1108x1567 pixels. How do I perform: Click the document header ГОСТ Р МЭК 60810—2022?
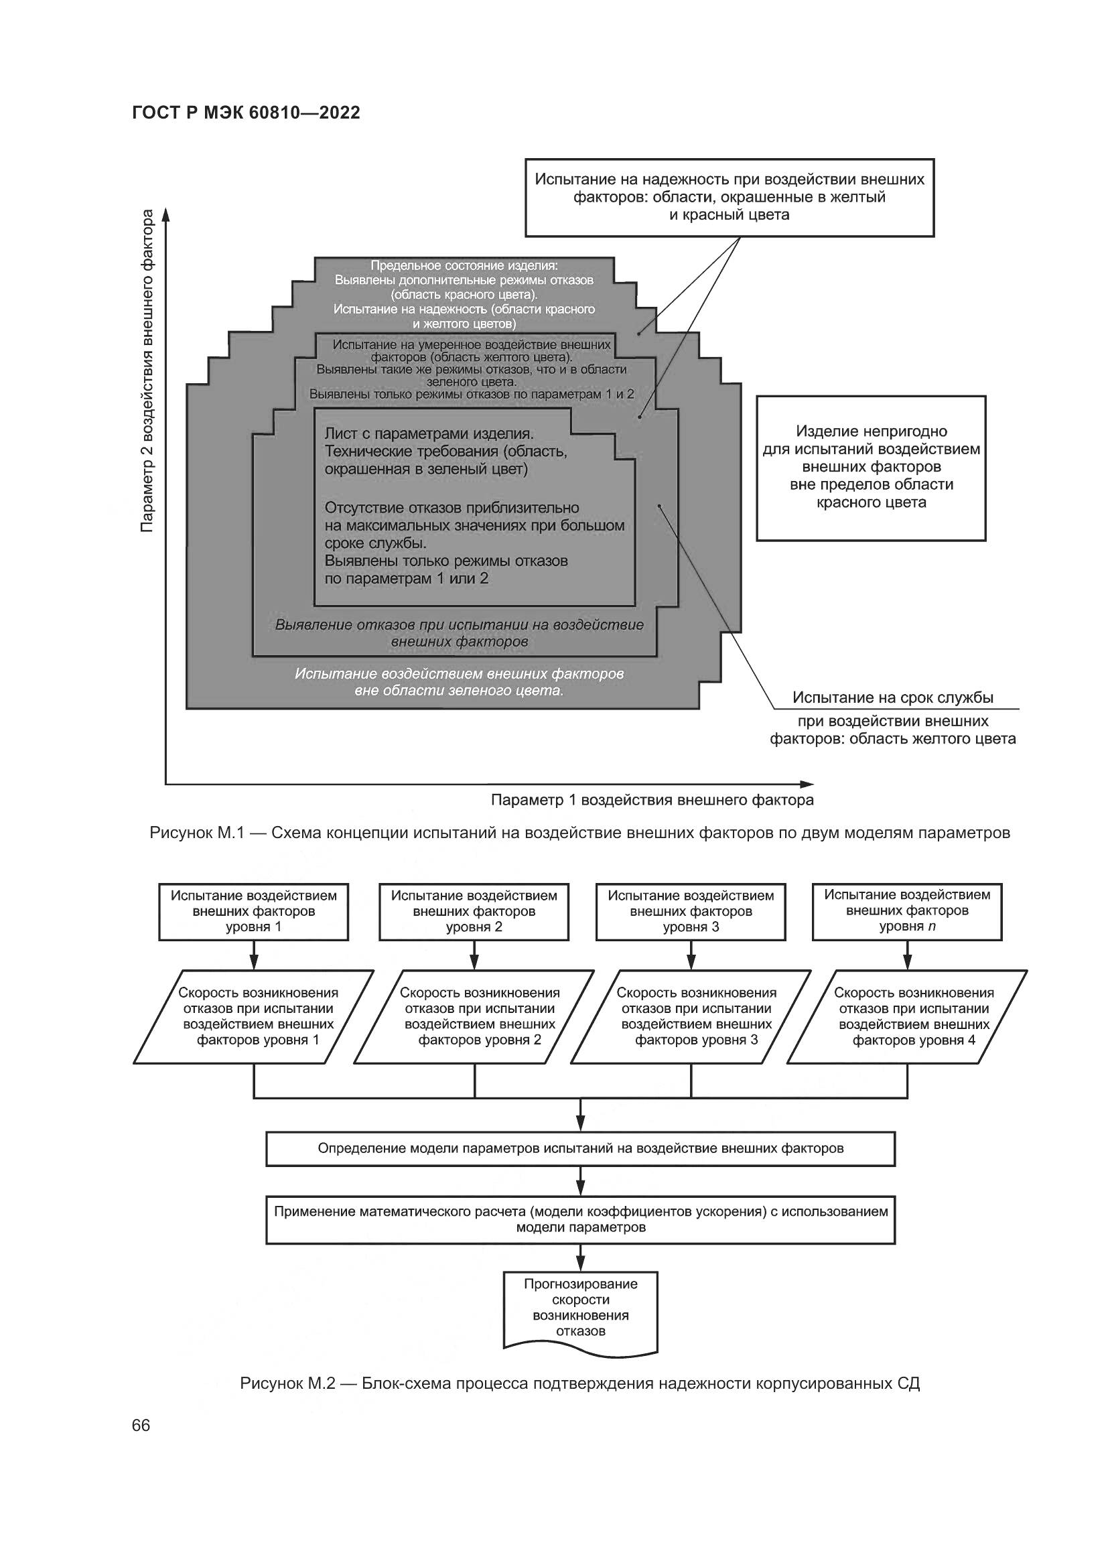246,113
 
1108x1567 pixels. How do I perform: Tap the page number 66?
141,1425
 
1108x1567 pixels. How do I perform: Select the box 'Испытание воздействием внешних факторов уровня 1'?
254,912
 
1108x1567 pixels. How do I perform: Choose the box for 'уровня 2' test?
474,912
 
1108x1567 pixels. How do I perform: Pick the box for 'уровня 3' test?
691,912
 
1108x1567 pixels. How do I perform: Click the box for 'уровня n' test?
907,912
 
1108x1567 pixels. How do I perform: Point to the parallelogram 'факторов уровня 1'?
254,1016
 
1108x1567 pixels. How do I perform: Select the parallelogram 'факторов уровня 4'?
907,1016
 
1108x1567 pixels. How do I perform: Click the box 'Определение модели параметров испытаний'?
580,1149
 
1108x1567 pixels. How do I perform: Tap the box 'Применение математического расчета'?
580,1219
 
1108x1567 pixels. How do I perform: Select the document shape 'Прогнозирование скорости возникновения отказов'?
580,1308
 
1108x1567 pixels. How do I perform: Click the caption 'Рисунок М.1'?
579,833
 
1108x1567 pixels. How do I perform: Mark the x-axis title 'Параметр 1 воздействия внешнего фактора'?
652,800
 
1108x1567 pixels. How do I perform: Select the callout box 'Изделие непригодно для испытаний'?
871,468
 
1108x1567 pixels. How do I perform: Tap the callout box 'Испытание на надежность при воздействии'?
729,197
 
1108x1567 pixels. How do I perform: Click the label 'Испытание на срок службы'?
892,697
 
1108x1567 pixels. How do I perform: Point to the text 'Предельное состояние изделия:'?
464,265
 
